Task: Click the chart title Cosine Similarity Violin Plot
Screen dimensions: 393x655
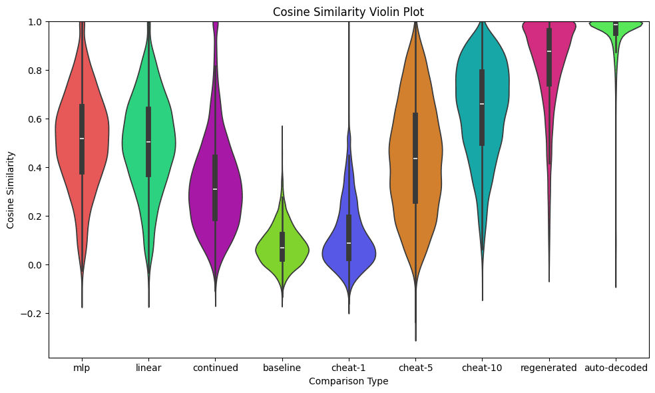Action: [349, 11]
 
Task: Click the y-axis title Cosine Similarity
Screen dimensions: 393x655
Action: [11, 190]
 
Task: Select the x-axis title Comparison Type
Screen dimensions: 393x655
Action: [349, 381]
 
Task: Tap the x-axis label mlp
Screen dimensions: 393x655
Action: [82, 368]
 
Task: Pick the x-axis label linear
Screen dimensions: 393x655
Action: [148, 368]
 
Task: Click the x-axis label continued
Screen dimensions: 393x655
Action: [215, 368]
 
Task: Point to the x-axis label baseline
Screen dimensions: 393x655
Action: [282, 368]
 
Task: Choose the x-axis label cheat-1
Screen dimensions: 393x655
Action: [349, 368]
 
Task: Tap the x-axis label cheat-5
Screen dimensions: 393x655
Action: [415, 368]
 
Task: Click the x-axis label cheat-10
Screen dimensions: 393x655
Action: [482, 368]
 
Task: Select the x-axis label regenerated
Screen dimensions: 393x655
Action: [548, 368]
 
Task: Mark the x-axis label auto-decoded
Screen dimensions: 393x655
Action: [615, 368]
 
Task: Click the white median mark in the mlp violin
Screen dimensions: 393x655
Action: [82, 139]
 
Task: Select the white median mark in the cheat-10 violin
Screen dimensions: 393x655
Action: [482, 104]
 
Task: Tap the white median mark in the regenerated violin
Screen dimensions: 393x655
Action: [548, 51]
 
